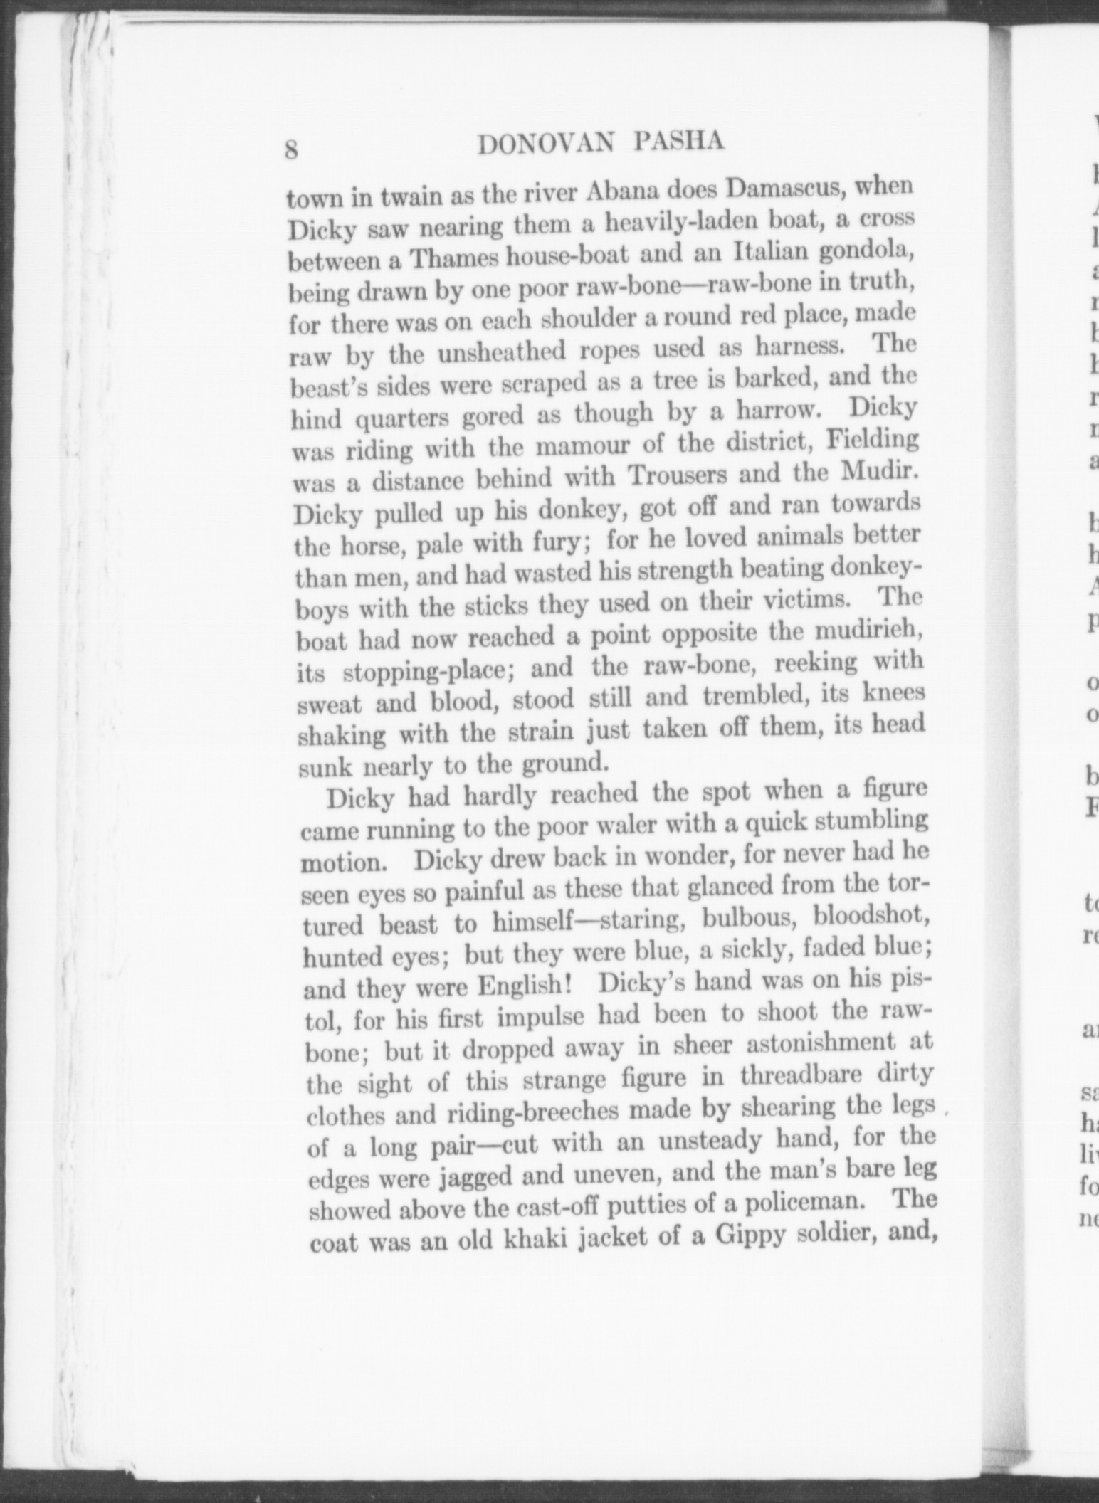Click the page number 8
(292, 150)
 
